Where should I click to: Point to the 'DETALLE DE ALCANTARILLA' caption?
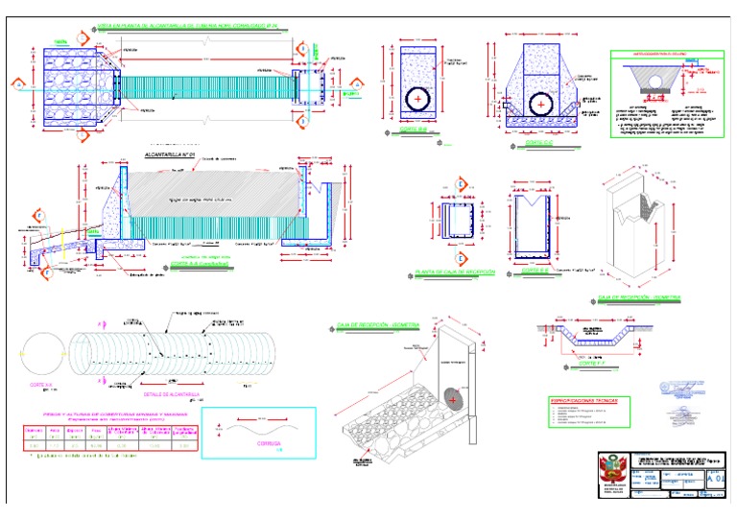pyautogui.click(x=169, y=393)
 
